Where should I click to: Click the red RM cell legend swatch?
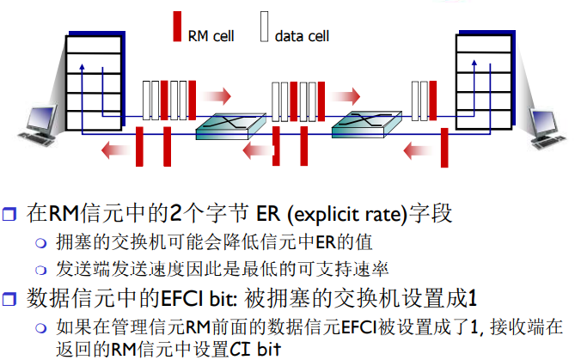178,27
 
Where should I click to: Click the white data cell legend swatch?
266,27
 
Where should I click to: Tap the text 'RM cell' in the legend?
211,36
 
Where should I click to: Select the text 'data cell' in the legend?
302,36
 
